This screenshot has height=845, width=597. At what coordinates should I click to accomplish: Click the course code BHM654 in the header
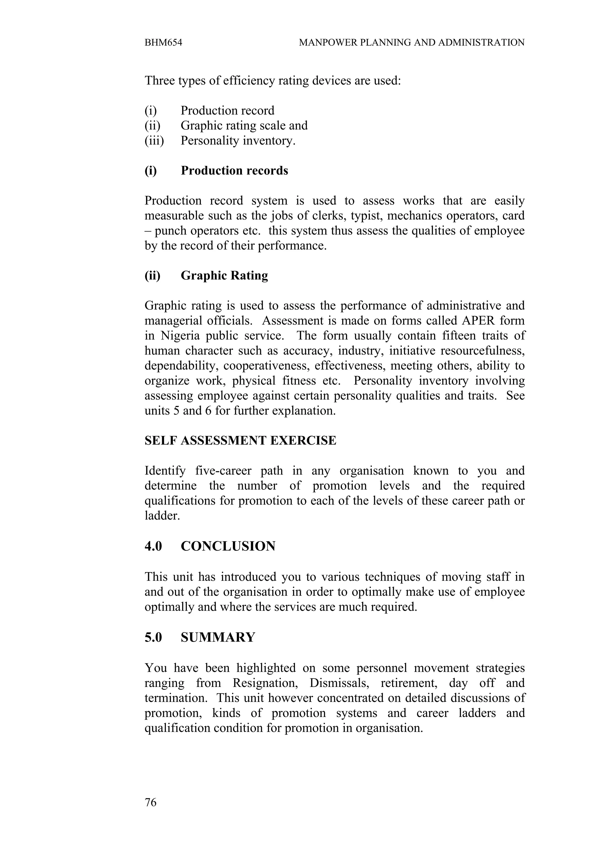tap(163, 43)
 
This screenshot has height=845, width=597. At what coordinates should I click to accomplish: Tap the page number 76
tap(150, 802)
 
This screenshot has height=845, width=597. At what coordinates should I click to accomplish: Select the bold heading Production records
tap(234, 171)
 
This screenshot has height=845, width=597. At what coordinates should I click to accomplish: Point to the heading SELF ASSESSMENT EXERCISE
tap(240, 441)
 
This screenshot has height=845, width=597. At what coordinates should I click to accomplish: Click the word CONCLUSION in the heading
tap(228, 546)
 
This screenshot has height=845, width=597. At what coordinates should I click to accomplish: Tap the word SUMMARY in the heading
tap(218, 637)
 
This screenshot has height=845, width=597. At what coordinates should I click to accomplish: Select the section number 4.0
tap(153, 546)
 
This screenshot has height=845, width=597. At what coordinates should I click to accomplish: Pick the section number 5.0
tap(153, 637)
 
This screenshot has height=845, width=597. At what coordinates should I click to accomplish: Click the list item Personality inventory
tap(238, 141)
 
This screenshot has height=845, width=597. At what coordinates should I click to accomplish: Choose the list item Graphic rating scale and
tap(244, 125)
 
